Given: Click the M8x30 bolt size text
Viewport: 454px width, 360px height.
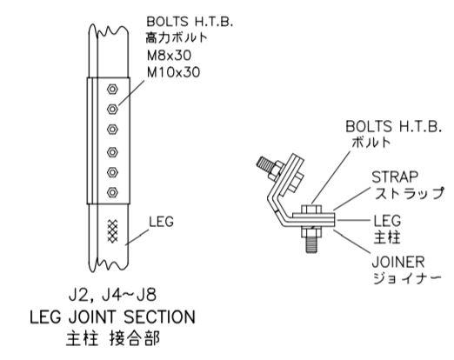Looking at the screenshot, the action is coord(169,56).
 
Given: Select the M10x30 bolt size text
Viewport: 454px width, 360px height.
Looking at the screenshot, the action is coord(173,72).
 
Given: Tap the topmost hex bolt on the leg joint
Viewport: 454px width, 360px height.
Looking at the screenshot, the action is coord(112,89).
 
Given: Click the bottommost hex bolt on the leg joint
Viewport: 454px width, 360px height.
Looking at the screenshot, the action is coord(112,192).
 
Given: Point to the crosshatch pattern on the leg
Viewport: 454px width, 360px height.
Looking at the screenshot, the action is coord(112,231).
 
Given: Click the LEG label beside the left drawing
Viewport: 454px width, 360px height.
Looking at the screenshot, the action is coord(161,222).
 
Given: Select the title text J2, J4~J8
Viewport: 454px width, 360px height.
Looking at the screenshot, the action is coord(113,296).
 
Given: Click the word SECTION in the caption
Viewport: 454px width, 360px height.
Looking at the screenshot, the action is coord(159,317).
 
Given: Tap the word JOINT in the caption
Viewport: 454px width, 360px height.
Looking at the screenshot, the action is coord(93,317).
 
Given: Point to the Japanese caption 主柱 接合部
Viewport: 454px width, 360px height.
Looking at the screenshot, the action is coord(113,338).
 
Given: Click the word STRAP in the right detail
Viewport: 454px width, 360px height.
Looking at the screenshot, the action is coord(395,177).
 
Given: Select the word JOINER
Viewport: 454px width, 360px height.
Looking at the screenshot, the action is coord(398,262).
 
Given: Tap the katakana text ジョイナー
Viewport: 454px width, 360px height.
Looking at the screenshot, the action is coord(407,278).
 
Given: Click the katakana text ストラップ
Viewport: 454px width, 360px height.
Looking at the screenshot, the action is coord(409,193).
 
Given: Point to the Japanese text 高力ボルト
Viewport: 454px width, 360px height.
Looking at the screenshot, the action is coord(177,37).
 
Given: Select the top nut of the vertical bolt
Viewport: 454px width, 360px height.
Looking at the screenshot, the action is coord(311,210).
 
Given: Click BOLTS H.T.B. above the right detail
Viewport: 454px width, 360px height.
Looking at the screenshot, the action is coord(393,126).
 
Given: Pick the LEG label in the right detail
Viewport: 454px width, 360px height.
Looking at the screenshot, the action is coord(387,221).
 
